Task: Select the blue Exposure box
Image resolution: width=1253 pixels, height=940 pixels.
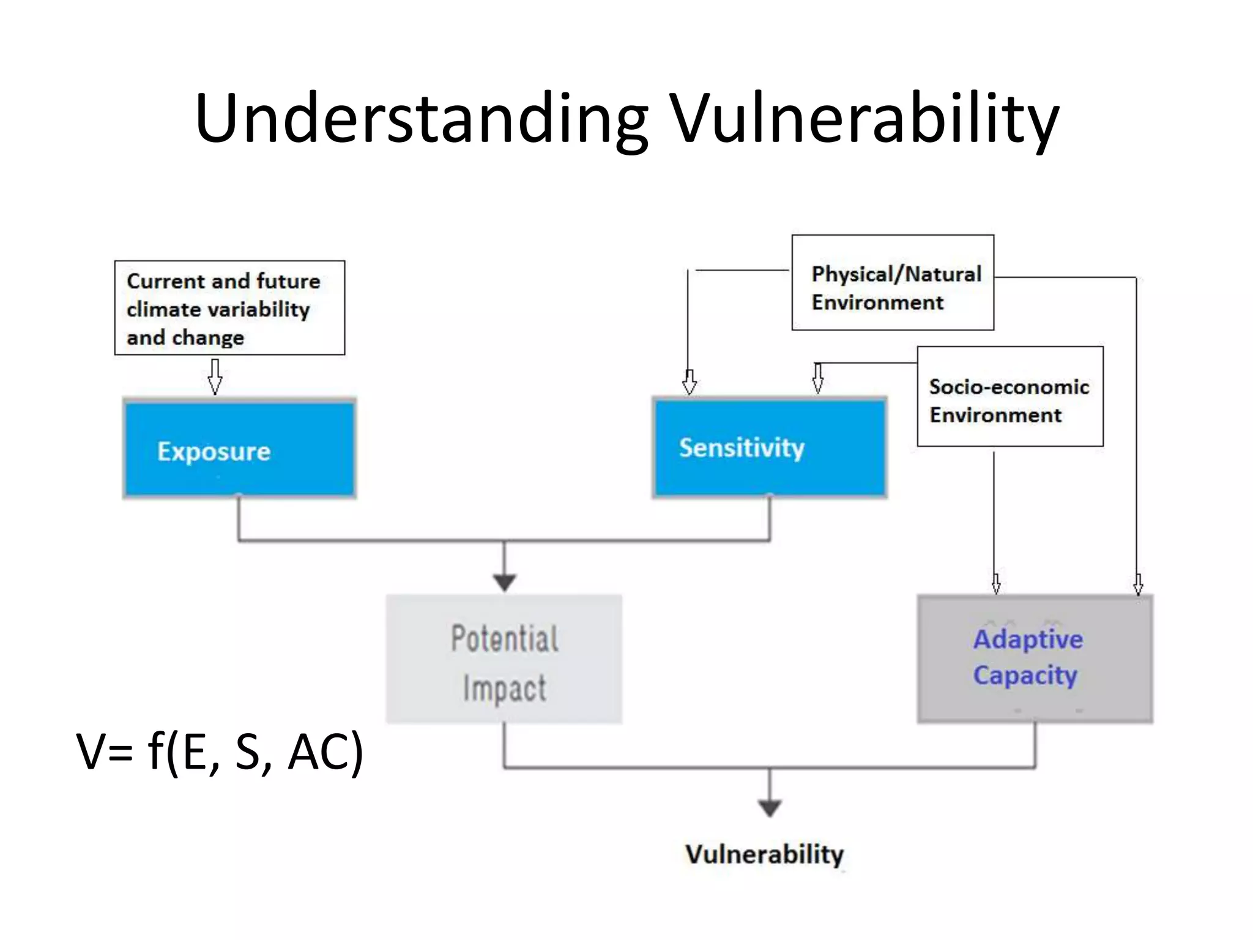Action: click(239, 448)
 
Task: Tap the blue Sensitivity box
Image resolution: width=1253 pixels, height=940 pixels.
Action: click(770, 447)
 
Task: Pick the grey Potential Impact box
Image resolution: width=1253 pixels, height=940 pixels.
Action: click(504, 659)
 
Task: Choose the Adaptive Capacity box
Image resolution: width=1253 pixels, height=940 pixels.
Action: click(1035, 659)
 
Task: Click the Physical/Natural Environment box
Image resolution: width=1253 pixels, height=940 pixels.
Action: click(893, 283)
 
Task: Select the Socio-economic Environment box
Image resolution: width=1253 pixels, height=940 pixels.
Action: click(1010, 397)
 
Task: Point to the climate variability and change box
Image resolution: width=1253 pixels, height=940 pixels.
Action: click(229, 308)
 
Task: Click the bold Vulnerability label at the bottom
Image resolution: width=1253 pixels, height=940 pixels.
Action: click(764, 854)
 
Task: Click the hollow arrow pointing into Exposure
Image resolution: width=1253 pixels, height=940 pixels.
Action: click(215, 376)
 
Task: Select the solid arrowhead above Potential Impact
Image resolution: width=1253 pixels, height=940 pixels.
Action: click(504, 581)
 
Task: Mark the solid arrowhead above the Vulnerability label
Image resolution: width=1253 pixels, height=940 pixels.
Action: click(770, 808)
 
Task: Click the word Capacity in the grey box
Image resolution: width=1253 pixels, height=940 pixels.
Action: click(1025, 676)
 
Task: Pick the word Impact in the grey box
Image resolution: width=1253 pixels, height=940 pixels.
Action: click(504, 688)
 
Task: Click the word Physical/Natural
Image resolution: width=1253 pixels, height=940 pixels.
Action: click(896, 274)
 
